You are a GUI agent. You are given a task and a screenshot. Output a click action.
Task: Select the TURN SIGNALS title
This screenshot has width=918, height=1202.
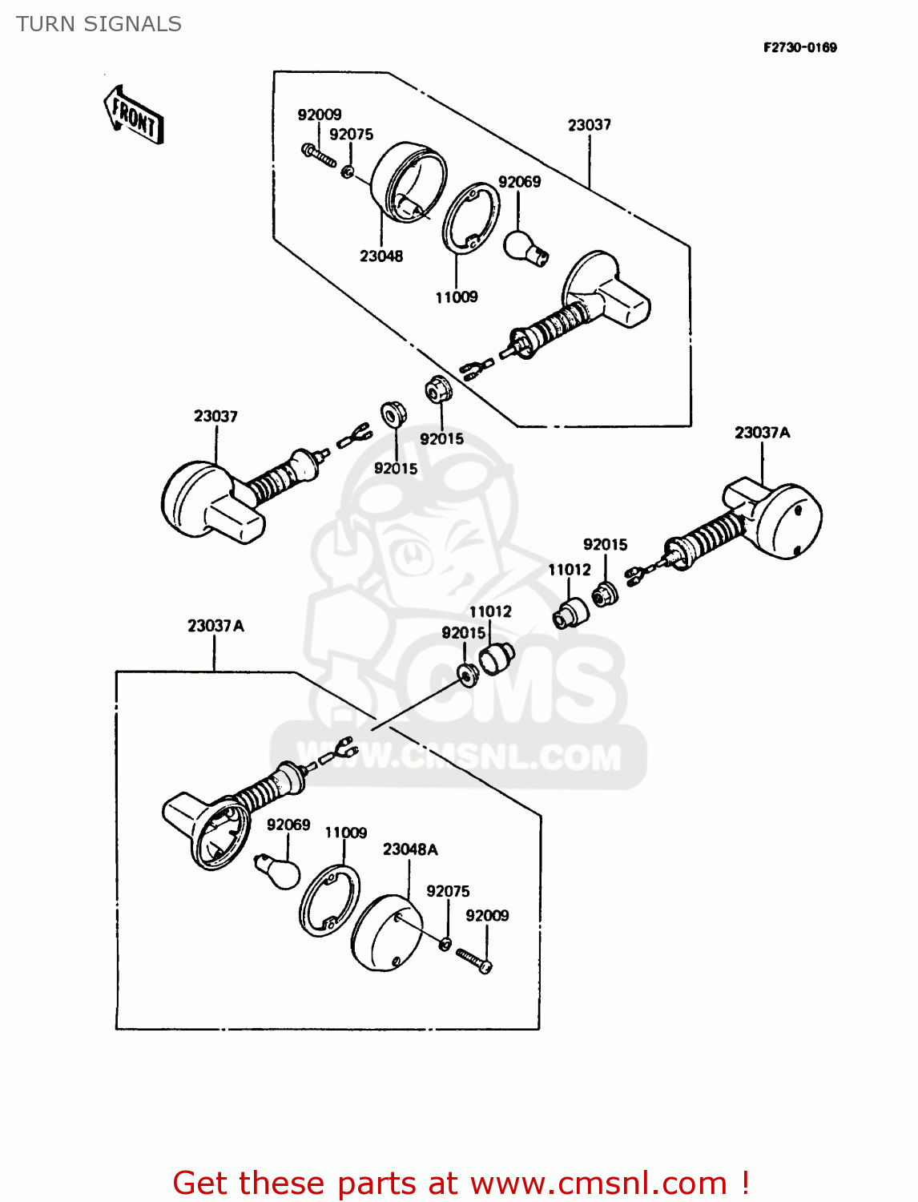click(x=99, y=24)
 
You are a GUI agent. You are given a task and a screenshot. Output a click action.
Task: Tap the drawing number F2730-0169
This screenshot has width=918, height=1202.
click(x=799, y=47)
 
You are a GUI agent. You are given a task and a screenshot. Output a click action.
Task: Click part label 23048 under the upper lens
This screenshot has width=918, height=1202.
click(x=381, y=256)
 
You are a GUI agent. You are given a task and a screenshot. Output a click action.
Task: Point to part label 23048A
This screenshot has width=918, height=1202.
click(x=410, y=849)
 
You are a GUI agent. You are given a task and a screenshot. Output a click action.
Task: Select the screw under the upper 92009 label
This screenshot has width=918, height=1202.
click(x=319, y=155)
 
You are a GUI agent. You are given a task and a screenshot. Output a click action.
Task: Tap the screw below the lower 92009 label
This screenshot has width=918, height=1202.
click(x=474, y=959)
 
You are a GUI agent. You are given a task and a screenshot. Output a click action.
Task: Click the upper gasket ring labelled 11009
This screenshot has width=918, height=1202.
click(x=471, y=219)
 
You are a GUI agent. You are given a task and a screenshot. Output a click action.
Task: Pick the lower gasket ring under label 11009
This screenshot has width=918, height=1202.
click(x=329, y=901)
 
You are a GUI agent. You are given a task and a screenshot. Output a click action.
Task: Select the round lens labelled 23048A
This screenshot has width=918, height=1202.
click(x=386, y=932)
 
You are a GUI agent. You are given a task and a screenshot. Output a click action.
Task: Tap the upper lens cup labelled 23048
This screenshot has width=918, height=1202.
click(x=408, y=183)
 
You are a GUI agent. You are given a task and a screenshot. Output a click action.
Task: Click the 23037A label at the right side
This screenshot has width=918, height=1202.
click(x=762, y=433)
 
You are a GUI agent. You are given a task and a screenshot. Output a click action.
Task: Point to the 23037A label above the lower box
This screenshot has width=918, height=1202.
click(x=215, y=626)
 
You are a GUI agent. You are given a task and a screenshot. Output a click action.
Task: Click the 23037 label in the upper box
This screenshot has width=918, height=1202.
click(x=590, y=125)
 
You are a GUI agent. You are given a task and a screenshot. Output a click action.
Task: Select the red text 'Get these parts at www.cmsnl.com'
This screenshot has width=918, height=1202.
click(x=461, y=1183)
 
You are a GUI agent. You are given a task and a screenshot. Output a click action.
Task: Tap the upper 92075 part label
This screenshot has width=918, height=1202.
click(x=351, y=135)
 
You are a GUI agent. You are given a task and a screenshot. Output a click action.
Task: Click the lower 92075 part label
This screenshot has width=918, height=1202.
click(x=448, y=891)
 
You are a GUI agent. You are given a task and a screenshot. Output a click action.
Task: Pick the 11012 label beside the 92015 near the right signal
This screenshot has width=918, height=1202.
click(x=569, y=570)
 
